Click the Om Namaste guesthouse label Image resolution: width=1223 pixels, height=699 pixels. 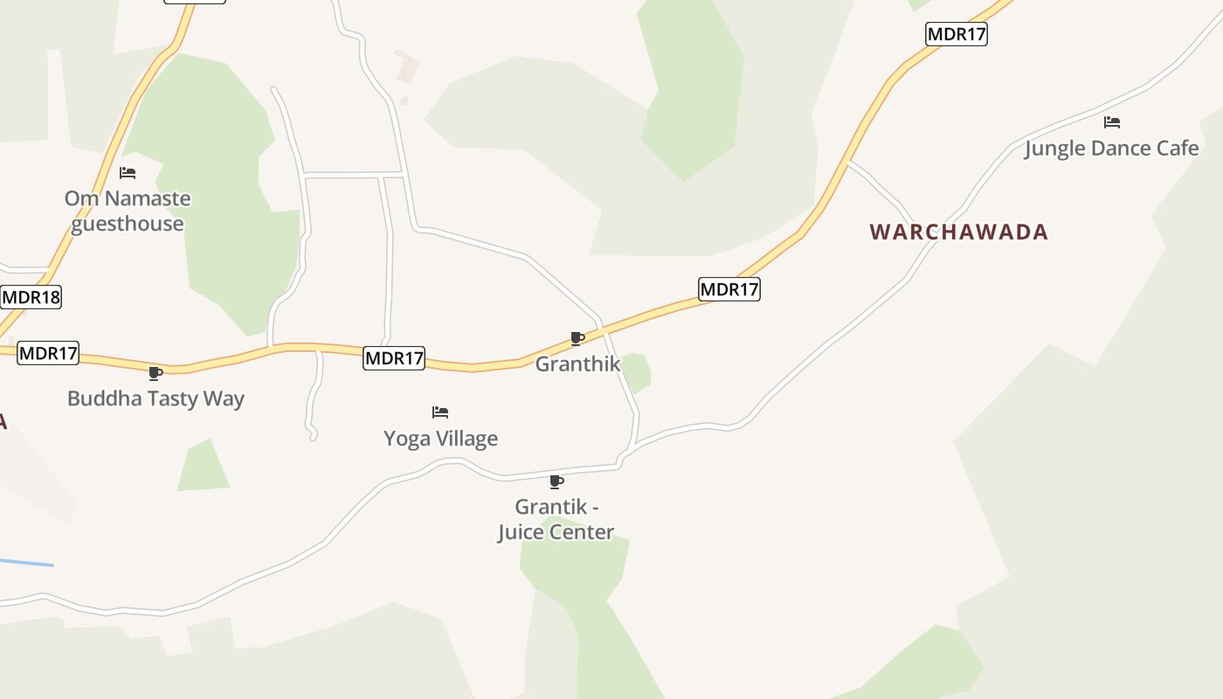click(128, 211)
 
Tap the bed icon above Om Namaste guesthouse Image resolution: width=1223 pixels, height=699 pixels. click(128, 173)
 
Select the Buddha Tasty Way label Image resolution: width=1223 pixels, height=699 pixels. click(155, 398)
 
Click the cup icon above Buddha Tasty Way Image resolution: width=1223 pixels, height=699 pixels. click(155, 374)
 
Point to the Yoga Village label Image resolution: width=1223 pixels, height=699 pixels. click(440, 439)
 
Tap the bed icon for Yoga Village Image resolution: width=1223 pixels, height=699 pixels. click(440, 412)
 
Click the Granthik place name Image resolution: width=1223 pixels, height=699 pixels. click(577, 363)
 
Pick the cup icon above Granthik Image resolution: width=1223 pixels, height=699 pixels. click(577, 339)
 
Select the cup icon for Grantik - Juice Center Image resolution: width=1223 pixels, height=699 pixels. click(556, 481)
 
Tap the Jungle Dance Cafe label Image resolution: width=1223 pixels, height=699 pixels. click(1111, 149)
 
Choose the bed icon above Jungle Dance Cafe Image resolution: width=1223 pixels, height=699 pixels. click(1111, 122)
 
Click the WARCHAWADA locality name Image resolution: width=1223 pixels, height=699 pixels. click(958, 232)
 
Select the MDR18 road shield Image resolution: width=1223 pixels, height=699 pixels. click(31, 297)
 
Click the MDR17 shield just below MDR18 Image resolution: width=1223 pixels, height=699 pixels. click(48, 354)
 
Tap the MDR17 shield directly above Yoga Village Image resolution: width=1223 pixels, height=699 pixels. click(394, 358)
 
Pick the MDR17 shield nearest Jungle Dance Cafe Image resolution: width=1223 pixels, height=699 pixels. click(957, 35)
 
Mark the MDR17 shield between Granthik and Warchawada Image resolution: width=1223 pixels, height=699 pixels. click(729, 289)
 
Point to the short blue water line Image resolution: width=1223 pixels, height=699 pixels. click(26, 562)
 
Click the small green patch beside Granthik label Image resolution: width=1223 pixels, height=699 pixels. click(637, 372)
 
